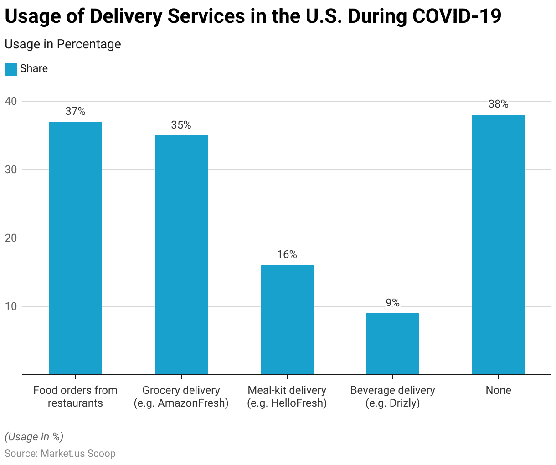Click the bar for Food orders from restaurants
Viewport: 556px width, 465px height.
point(76,248)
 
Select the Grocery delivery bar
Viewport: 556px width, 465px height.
point(181,255)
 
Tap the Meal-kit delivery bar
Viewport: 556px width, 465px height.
point(287,320)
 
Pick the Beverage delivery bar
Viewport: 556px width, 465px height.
point(393,344)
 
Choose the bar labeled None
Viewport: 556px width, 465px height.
point(499,245)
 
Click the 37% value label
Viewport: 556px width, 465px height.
point(76,111)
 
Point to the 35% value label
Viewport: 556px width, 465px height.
point(181,125)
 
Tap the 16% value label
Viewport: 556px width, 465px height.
point(287,254)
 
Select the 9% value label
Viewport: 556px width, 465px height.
point(393,303)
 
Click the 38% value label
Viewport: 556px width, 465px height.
point(499,104)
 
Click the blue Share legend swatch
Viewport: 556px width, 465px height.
point(11,69)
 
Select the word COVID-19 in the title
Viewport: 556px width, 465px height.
point(457,16)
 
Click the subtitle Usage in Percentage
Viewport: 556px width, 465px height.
point(63,44)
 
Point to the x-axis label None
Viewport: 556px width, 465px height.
point(499,390)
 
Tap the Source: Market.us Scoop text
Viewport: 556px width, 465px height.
point(60,454)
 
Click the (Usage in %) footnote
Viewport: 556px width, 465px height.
point(34,437)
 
